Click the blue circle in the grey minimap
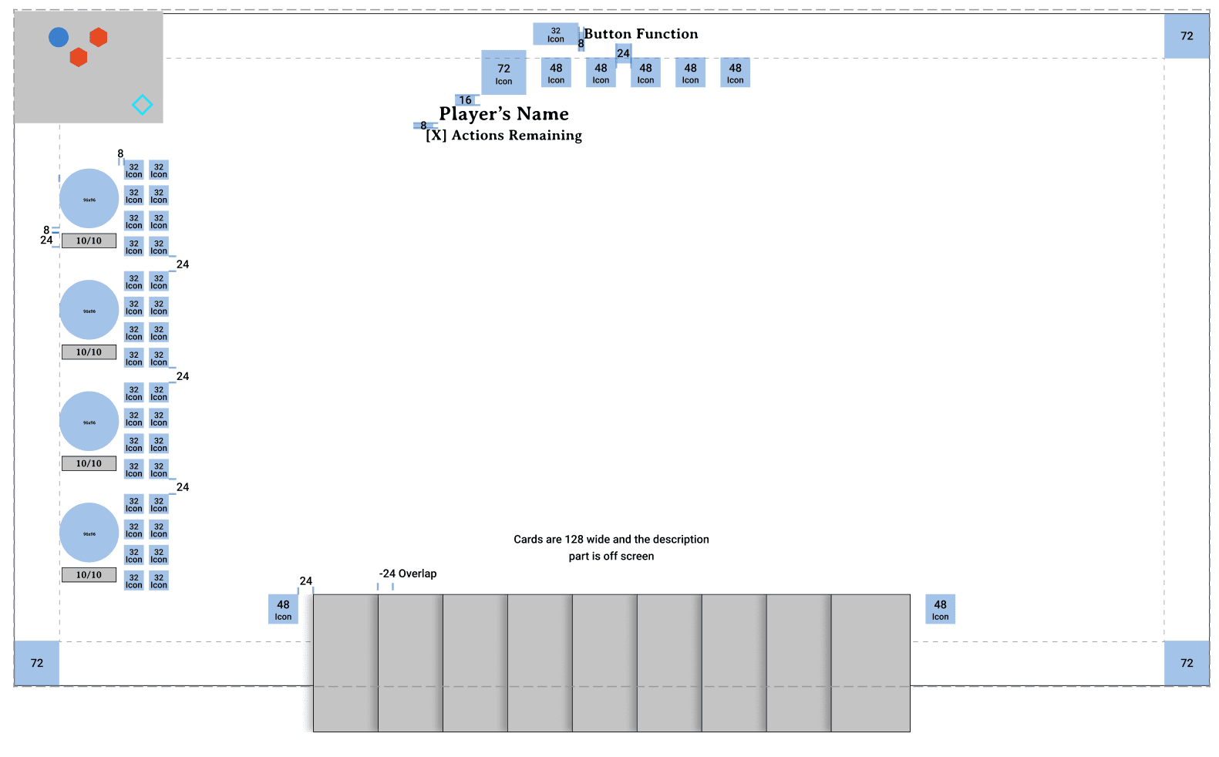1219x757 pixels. click(59, 37)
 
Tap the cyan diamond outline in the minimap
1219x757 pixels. click(142, 105)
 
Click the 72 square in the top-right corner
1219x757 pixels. click(1187, 35)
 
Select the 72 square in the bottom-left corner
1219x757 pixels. click(37, 663)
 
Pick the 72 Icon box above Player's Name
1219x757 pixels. click(503, 72)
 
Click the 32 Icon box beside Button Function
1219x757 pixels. click(555, 34)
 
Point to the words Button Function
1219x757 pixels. click(641, 34)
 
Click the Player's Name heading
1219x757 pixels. click(503, 114)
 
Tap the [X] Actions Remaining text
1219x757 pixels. click(503, 136)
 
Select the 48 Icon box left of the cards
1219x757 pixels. click(283, 609)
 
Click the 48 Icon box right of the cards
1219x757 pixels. click(940, 609)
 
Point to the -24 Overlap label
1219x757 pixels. click(408, 574)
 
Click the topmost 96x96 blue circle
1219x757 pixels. click(89, 198)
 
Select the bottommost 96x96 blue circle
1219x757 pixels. click(89, 533)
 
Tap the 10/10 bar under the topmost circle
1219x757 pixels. click(89, 241)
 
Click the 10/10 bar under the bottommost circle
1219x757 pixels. click(89, 575)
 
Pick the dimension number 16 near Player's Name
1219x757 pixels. click(465, 100)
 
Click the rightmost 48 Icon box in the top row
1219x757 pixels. click(735, 72)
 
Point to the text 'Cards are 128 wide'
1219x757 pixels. click(611, 540)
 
